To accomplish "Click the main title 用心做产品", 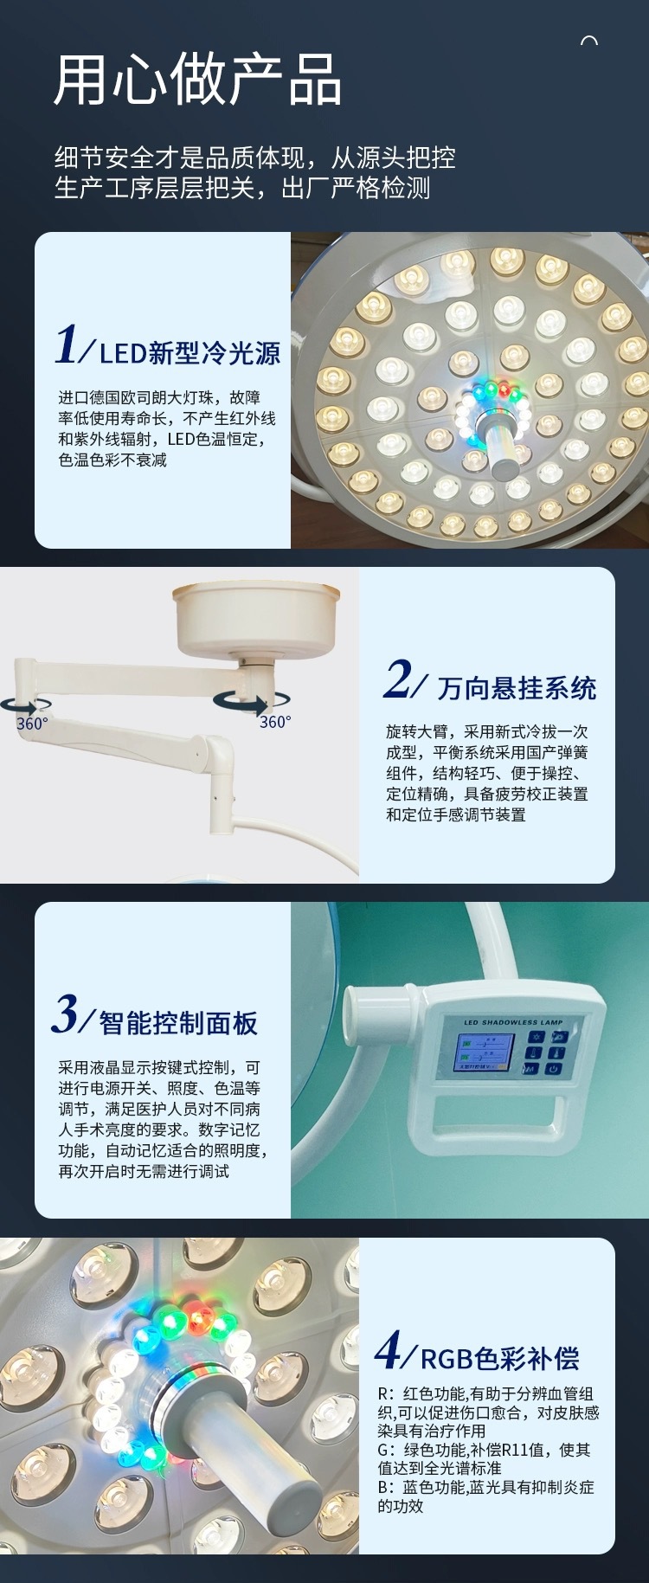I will click(197, 80).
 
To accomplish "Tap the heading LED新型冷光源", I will click(190, 353).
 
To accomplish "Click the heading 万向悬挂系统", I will click(517, 688).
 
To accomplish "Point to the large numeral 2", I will click(398, 679).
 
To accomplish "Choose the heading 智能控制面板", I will click(178, 1023).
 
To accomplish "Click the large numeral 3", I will click(65, 1014).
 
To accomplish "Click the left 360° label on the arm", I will click(32, 724).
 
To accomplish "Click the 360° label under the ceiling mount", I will click(275, 722).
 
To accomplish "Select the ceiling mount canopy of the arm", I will click(255, 615).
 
